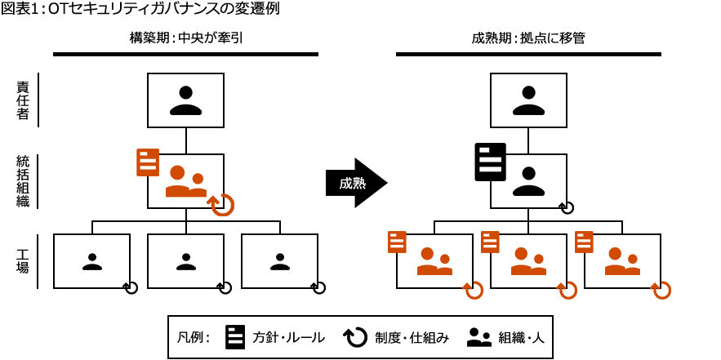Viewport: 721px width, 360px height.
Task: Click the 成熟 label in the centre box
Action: [x=353, y=184]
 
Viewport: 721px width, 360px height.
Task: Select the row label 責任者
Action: [x=23, y=100]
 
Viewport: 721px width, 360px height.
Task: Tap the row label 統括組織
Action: [x=23, y=180]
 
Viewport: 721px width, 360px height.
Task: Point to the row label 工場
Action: [x=23, y=260]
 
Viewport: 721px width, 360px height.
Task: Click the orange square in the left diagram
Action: [x=186, y=181]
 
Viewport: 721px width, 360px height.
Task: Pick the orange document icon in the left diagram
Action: [x=148, y=162]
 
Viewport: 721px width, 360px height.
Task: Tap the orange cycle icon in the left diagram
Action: [x=221, y=205]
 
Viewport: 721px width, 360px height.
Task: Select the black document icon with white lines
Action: [x=490, y=162]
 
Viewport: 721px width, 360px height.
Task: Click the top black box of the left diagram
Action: [x=185, y=100]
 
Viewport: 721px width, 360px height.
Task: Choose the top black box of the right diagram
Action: [x=528, y=100]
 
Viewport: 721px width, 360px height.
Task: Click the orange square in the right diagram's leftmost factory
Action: [x=434, y=261]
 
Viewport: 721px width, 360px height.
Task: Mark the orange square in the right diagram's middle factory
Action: [x=528, y=261]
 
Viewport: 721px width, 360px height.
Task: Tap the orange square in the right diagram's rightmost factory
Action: [x=622, y=261]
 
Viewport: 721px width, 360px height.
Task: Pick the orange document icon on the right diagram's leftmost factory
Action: [x=397, y=242]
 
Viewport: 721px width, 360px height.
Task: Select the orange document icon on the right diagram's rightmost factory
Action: [x=584, y=242]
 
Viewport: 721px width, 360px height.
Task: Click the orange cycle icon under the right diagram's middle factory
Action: [x=567, y=290]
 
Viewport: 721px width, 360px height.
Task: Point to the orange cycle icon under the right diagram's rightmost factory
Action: [x=661, y=290]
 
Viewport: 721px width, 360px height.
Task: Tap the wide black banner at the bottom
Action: [x=359, y=336]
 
